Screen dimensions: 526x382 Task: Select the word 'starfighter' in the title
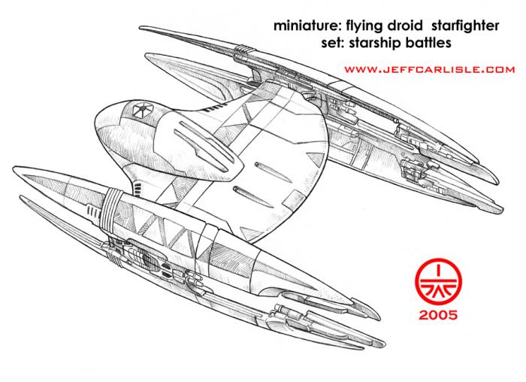tap(465, 26)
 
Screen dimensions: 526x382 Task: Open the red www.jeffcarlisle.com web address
tap(429, 70)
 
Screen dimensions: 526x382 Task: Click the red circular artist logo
tap(438, 282)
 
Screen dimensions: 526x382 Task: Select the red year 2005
tap(438, 315)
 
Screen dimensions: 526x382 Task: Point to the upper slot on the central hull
tap(273, 172)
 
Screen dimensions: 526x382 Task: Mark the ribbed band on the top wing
tap(244, 50)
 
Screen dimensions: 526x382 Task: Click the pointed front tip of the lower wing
tap(14, 168)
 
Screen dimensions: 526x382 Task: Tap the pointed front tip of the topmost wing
tap(141, 28)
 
